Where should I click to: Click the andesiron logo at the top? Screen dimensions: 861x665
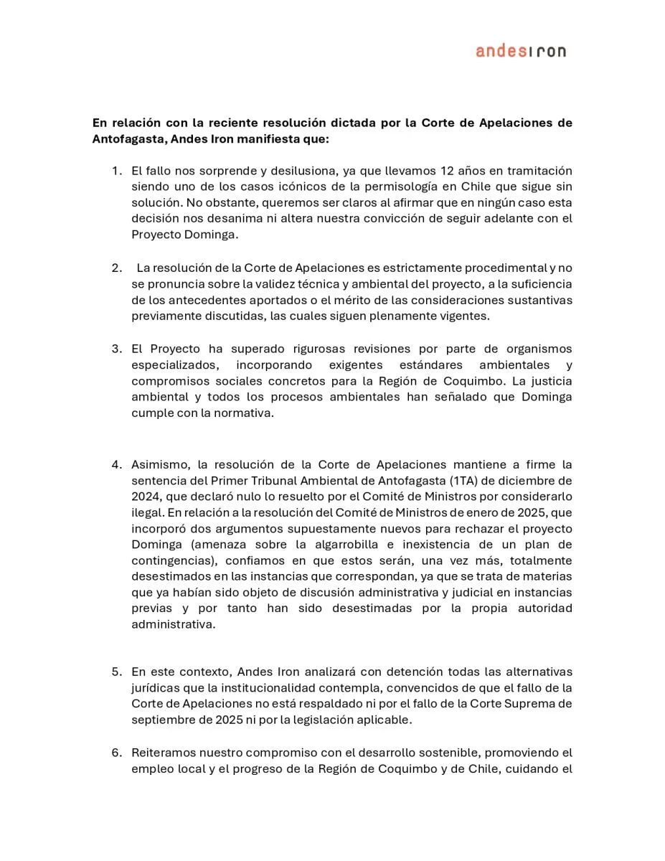tap(520, 51)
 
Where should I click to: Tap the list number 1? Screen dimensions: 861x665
tap(116, 171)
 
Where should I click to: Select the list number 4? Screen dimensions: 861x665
tap(116, 464)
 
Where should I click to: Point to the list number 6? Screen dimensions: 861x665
tap(116, 753)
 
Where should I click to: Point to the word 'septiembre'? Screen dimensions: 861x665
tap(164, 720)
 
